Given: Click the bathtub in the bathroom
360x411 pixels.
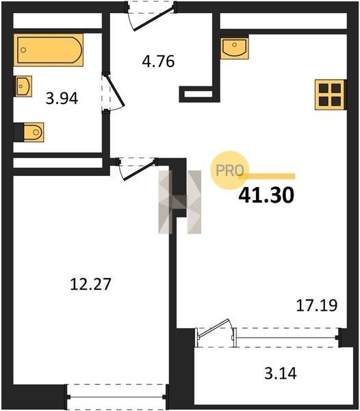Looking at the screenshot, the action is pyautogui.click(x=49, y=50).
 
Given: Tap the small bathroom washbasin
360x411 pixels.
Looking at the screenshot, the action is pyautogui.click(x=23, y=86).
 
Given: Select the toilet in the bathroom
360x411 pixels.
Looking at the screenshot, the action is pyautogui.click(x=34, y=132).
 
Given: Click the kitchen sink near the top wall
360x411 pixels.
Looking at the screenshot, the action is pyautogui.click(x=234, y=48).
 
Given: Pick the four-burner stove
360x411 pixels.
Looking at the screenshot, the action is pyautogui.click(x=331, y=95).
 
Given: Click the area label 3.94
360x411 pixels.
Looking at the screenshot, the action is pyautogui.click(x=62, y=99).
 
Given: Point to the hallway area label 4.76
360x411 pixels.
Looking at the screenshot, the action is pyautogui.click(x=158, y=62).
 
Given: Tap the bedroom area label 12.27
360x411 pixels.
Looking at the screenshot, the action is pyautogui.click(x=90, y=284).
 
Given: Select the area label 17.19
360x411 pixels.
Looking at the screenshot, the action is pyautogui.click(x=316, y=306).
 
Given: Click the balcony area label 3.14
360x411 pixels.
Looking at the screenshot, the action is pyautogui.click(x=281, y=373).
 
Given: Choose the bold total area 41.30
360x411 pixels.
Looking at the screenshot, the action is pyautogui.click(x=266, y=195).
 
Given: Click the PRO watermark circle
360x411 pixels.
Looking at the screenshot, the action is pyautogui.click(x=229, y=171).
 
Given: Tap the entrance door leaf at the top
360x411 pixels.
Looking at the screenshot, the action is pyautogui.click(x=153, y=19).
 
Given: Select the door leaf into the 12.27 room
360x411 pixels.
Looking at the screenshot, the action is pyautogui.click(x=139, y=171).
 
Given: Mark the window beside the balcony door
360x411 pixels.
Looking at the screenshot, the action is pyautogui.click(x=287, y=338).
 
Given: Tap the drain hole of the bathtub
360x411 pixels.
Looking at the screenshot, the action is pyautogui.click(x=23, y=50).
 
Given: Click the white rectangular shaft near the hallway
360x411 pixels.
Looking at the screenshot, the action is pyautogui.click(x=198, y=94).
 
